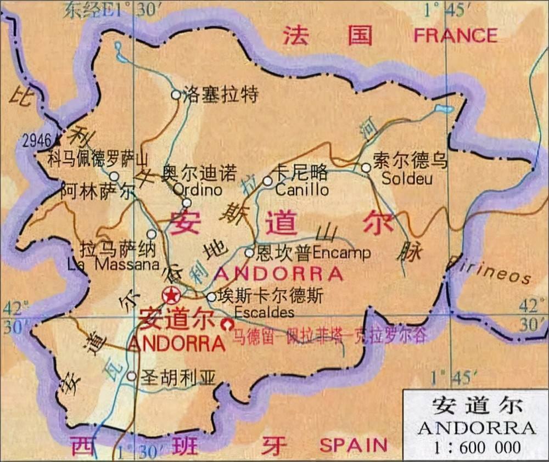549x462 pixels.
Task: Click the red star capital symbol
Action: coord(170,296)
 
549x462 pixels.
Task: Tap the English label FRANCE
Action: coord(455,36)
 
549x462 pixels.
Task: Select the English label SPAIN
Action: coord(354,444)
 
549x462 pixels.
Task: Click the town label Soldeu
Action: coord(407,178)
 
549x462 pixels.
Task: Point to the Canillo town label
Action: coord(302,190)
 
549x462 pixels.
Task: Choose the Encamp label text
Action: coord(341,253)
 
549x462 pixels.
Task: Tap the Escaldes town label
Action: coord(264,313)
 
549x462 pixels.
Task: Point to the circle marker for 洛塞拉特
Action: coord(176,94)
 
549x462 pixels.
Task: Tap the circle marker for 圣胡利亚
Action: coord(131,376)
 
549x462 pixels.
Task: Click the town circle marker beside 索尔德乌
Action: coord(366,167)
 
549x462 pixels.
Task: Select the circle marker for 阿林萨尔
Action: coord(114,176)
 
